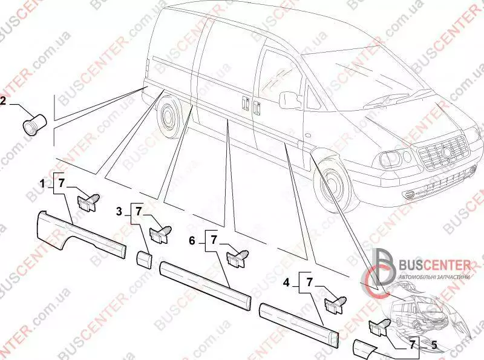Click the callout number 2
(3, 102)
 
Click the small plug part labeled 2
(31, 125)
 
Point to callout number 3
(119, 211)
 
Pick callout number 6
(192, 240)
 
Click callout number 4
(287, 282)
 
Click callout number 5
(433, 345)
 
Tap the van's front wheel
(332, 185)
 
